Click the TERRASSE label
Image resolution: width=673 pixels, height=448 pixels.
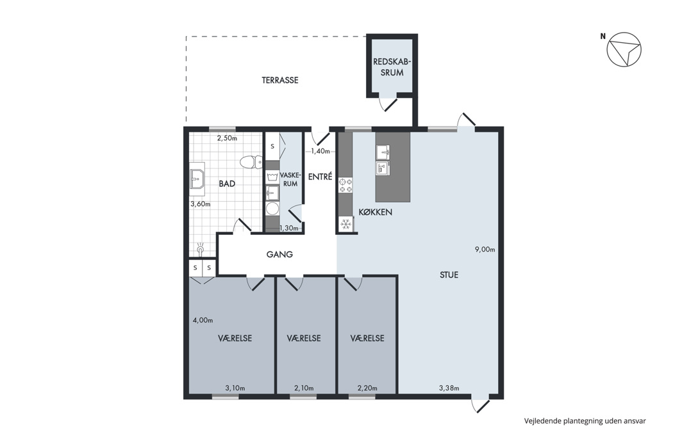point(280,80)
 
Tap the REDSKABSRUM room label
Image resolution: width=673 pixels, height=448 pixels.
point(392,67)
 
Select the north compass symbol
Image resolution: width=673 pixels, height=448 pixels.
point(624,49)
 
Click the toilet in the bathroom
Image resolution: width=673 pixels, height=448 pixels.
point(251,162)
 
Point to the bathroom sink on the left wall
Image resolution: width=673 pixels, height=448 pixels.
point(197,176)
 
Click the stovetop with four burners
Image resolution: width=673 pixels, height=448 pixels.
point(346,185)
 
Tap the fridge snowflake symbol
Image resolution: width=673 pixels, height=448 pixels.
point(346,224)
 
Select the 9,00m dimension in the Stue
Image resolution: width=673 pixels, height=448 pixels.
point(485,250)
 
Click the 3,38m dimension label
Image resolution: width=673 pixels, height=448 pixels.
point(449,388)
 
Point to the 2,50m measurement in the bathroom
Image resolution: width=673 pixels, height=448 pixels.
point(227,138)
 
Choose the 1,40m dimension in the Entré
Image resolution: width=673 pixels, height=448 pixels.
point(320,151)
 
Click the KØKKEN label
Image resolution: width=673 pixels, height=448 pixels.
point(375,212)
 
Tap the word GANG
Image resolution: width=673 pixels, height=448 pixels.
point(279,254)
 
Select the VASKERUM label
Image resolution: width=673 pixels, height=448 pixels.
point(290,179)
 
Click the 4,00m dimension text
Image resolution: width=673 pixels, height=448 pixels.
point(203,320)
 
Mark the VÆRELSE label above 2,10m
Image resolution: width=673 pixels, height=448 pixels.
point(304,339)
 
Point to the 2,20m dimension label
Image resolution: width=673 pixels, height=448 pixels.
point(367,388)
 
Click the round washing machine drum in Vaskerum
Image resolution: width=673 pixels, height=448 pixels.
point(272,209)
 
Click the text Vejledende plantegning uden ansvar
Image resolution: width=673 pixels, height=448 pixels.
point(585,421)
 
